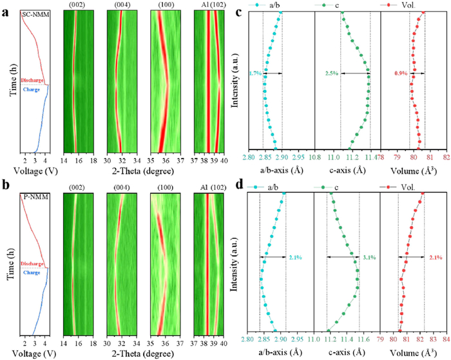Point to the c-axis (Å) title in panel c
tap(347, 169)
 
